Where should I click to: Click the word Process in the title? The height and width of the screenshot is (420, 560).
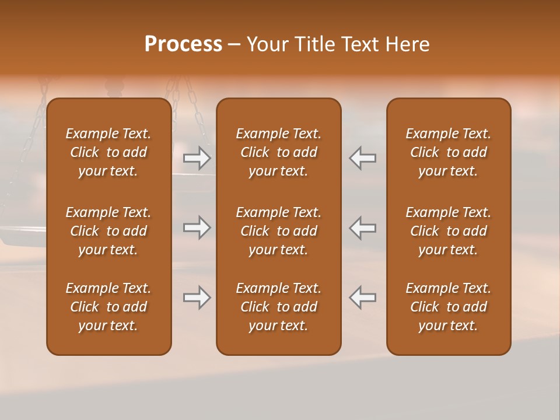(183, 44)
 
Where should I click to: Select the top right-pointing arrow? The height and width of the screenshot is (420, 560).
(197, 158)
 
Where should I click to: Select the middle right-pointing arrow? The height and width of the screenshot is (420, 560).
(197, 228)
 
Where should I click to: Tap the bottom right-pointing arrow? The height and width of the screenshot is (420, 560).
(197, 297)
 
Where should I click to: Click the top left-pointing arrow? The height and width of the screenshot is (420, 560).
(362, 158)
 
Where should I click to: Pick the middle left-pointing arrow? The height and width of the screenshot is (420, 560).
(362, 228)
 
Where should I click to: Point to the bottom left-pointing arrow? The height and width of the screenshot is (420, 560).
(362, 297)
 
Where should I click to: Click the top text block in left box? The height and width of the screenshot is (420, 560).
(108, 152)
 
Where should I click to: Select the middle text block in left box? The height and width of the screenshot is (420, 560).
(108, 231)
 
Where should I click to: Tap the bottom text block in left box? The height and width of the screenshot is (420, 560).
(108, 307)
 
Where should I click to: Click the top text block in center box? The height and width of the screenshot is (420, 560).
(278, 152)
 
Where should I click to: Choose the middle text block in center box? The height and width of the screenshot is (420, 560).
(278, 231)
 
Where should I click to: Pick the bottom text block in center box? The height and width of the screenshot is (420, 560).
(278, 307)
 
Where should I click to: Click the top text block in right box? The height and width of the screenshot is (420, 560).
(448, 152)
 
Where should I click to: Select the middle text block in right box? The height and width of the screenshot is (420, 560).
(448, 231)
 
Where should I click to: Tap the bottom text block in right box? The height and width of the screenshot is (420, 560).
(448, 307)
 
